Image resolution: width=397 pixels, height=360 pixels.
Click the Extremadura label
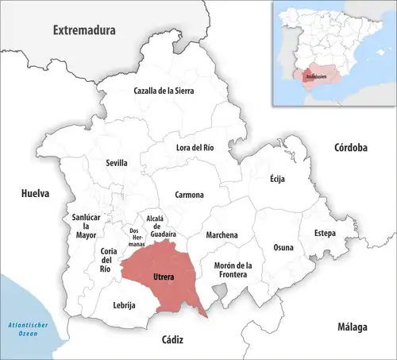pyautogui.click(x=84, y=30)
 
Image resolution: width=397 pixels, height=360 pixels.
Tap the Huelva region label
pyautogui.click(x=35, y=193)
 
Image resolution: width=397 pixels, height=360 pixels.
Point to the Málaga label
pyautogui.click(x=351, y=327)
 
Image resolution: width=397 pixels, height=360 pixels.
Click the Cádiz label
pyautogui.click(x=172, y=339)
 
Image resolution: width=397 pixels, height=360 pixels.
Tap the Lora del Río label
pyautogui.click(x=195, y=147)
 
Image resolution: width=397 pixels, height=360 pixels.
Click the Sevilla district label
pyautogui.click(x=116, y=163)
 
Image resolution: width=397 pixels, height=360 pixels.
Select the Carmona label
pyautogui.click(x=190, y=195)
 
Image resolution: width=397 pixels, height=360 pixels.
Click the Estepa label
pyautogui.click(x=324, y=233)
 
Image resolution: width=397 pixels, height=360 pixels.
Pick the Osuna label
pyautogui.click(x=283, y=247)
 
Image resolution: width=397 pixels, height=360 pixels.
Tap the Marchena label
pyautogui.click(x=222, y=235)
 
